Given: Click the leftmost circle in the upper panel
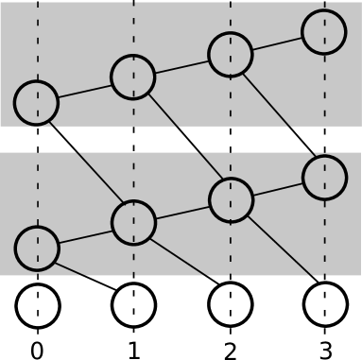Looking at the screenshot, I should (37, 102).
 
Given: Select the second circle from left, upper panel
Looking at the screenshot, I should (133, 77).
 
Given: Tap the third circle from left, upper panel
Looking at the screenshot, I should (230, 54).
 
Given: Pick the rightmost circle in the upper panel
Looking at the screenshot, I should (324, 32).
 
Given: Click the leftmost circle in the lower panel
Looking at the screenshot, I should (37, 249).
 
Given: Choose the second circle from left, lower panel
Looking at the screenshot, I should (133, 223).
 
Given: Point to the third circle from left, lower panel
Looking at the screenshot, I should (231, 200).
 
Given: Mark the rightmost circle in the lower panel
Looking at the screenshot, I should (324, 178).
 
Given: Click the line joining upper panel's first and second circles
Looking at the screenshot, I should (85, 90).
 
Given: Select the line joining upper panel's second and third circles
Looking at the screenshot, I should (181, 66).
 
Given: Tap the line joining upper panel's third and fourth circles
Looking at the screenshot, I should (277, 43).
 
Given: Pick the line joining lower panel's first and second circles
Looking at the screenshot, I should (85, 236).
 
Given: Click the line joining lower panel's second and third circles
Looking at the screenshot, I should (181, 212).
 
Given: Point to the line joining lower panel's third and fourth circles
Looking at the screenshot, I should (278, 189).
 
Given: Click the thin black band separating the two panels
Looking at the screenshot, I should (181, 139).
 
